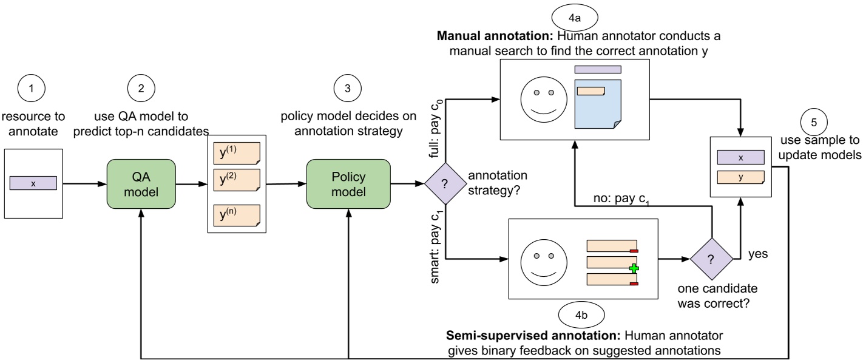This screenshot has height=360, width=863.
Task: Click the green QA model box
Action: point(141,183)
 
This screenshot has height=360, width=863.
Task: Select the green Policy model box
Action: point(348,183)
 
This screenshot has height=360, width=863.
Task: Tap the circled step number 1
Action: point(33,89)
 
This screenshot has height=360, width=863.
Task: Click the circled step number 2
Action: point(141,89)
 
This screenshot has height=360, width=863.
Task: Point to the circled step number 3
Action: point(347,89)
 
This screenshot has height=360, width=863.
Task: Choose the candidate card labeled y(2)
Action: point(237,181)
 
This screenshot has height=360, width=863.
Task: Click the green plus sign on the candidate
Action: point(634,268)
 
